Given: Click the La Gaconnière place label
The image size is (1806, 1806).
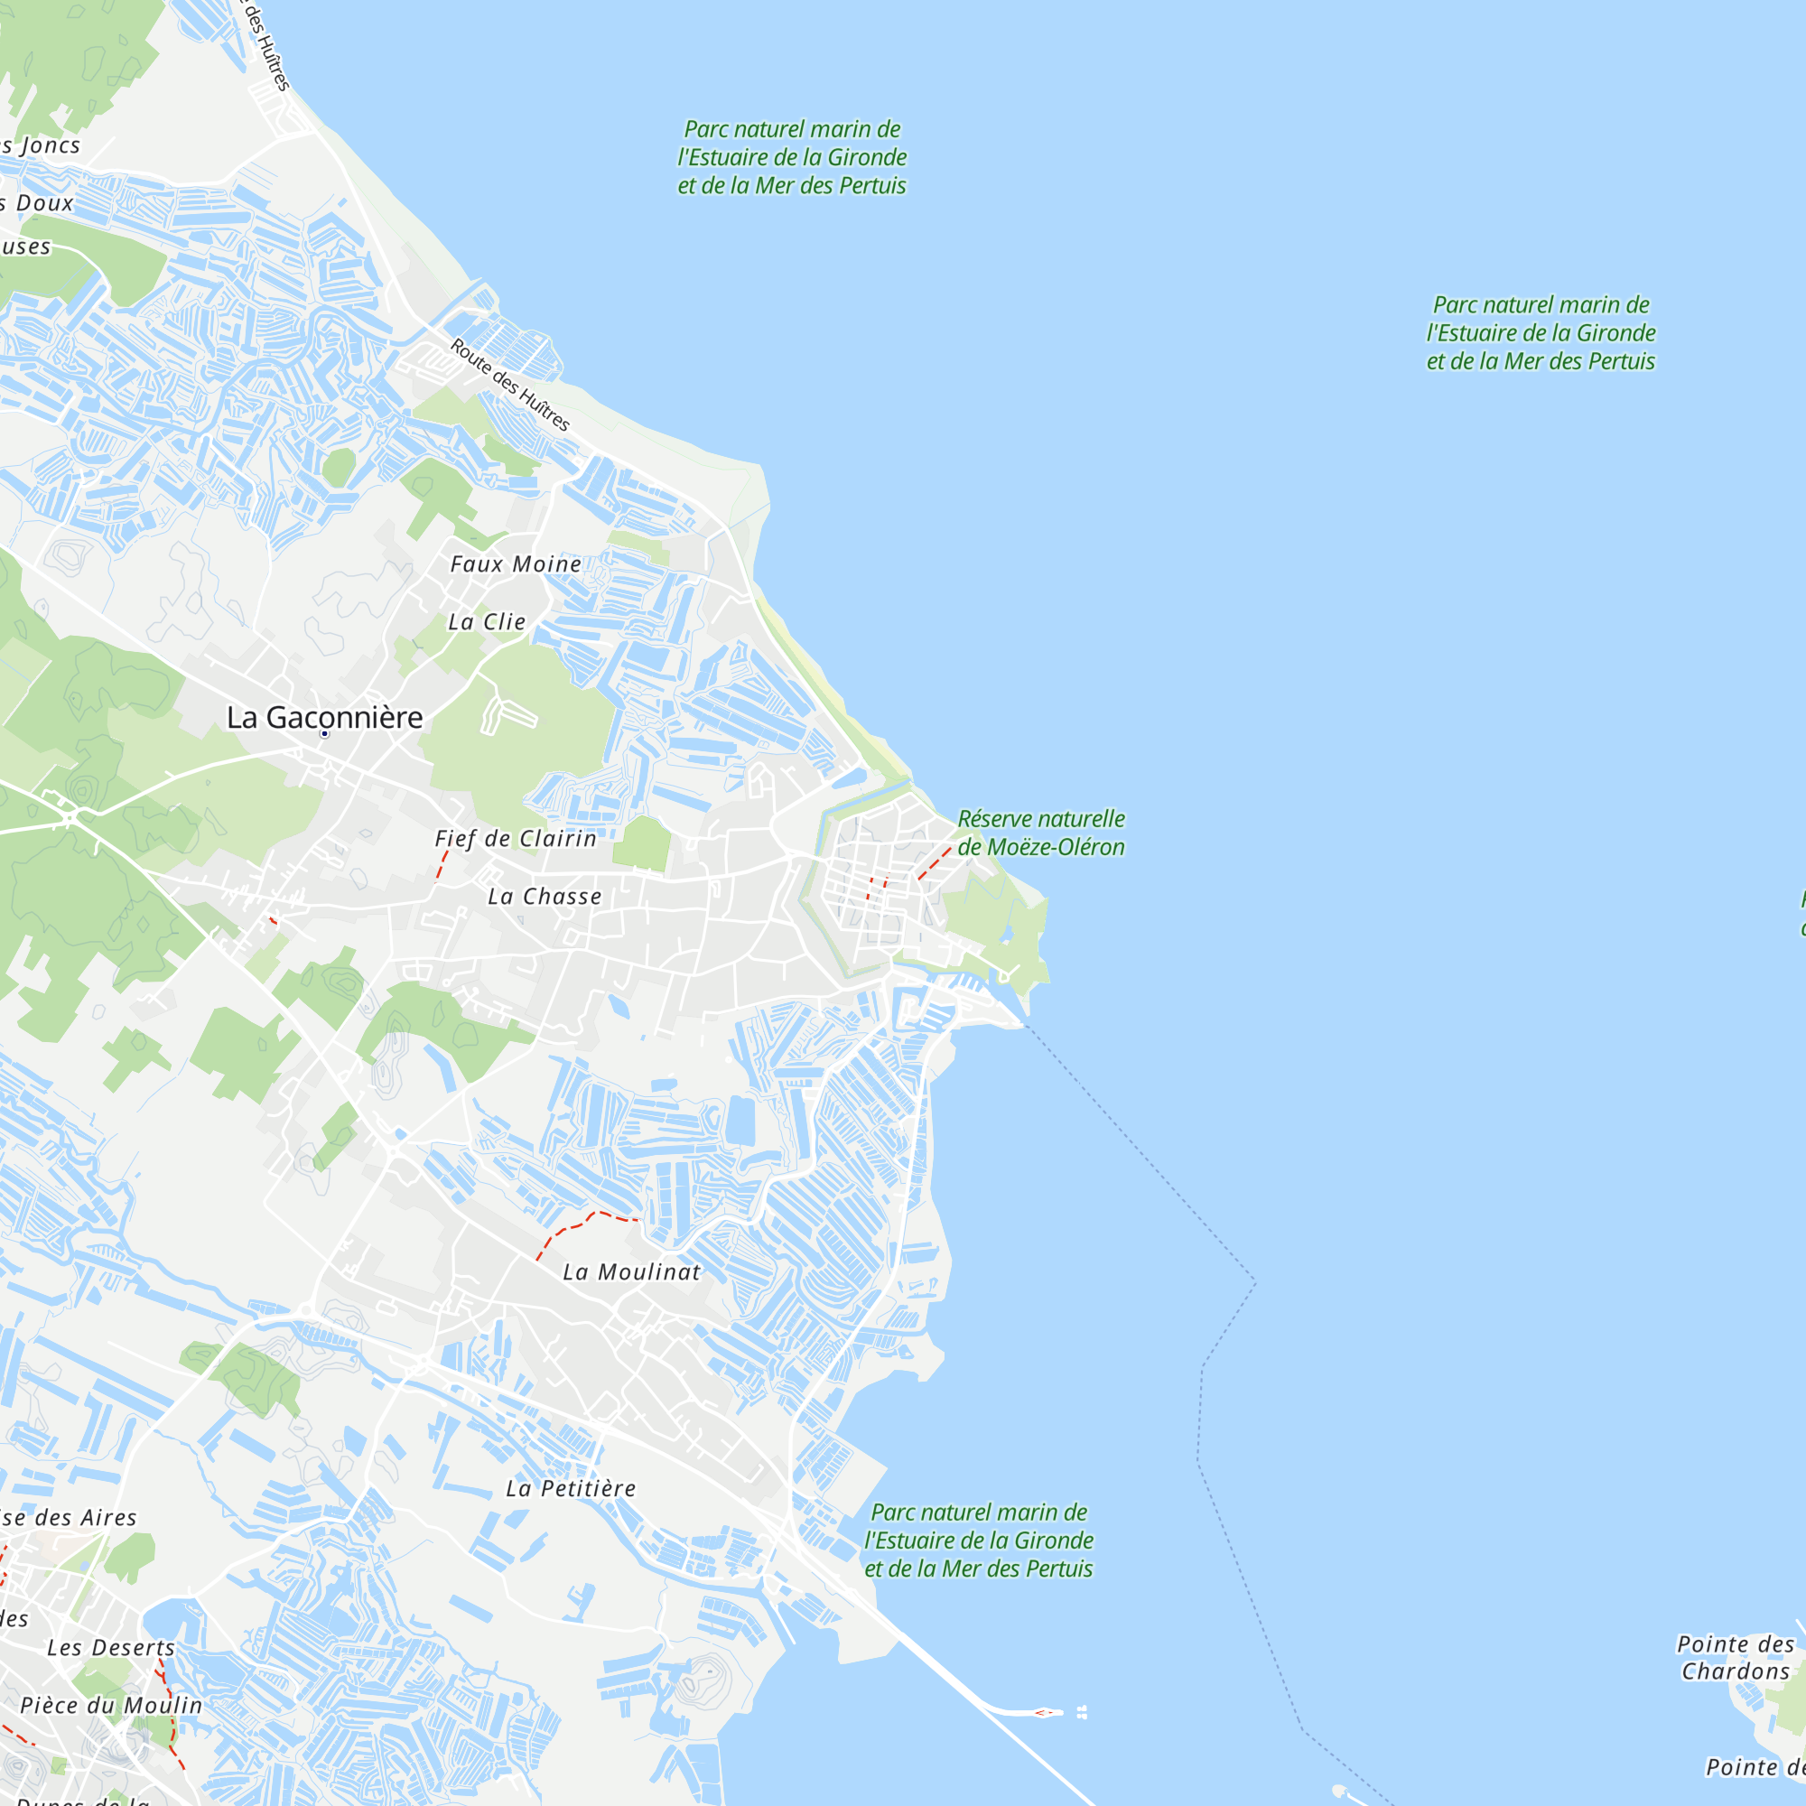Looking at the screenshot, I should click(324, 717).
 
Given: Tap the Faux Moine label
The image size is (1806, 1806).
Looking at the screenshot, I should click(515, 563).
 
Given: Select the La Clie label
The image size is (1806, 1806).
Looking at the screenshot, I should click(487, 621).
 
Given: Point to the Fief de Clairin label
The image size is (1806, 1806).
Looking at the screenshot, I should click(516, 839).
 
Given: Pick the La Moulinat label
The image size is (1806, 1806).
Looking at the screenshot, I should click(632, 1271).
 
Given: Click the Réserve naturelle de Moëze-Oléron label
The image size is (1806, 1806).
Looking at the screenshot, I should click(1041, 833).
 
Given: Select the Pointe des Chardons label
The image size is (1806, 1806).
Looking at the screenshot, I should click(1735, 1657).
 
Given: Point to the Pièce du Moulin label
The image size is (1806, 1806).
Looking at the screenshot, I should click(111, 1705).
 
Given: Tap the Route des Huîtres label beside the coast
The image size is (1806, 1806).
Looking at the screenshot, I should click(510, 384).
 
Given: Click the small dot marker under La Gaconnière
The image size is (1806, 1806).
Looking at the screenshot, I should click(324, 734).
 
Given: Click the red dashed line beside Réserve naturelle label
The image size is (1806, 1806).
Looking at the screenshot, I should click(934, 864).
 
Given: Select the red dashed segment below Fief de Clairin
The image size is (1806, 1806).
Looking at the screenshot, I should click(442, 865).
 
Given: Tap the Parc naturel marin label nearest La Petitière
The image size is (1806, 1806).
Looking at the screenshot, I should click(979, 1540).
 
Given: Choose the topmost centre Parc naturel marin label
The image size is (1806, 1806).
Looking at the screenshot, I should click(792, 157).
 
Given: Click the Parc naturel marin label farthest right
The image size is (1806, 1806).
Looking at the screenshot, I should click(1541, 333).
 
